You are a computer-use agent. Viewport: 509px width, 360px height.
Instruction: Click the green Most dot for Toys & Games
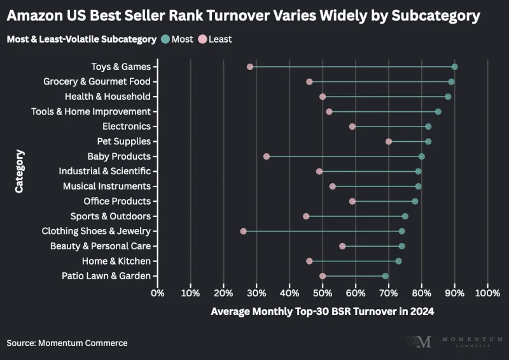coord(454,67)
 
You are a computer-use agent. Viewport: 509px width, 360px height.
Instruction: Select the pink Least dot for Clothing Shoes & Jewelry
coord(243,232)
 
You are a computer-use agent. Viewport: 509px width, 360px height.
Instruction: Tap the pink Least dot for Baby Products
coord(267,156)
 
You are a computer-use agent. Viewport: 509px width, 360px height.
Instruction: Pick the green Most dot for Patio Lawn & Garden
coord(385,276)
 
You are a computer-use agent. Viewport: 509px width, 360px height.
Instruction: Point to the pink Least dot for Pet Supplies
coord(389,142)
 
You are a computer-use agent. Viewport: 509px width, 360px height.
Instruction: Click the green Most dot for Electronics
coord(428,127)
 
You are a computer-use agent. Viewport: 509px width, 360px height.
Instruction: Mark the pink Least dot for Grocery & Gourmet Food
coord(309,81)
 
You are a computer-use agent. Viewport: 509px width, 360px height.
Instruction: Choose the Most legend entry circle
coord(165,39)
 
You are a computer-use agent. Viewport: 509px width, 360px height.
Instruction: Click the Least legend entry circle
coord(203,39)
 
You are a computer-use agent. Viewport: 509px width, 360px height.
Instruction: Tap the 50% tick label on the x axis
coord(323,293)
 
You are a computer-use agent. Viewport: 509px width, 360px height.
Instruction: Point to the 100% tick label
coord(487,293)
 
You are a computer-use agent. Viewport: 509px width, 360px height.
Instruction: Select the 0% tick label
coord(157,293)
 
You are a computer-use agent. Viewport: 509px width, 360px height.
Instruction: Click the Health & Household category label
coord(108,97)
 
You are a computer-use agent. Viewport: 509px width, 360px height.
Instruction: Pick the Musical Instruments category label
coord(106,186)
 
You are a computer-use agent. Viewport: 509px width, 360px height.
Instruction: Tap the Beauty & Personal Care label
coord(100,246)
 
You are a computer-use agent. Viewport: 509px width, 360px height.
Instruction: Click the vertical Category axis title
coord(20,171)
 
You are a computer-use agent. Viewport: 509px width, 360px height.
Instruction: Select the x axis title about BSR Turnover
coord(322,312)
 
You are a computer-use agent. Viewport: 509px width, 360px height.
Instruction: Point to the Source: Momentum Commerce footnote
coord(67,343)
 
